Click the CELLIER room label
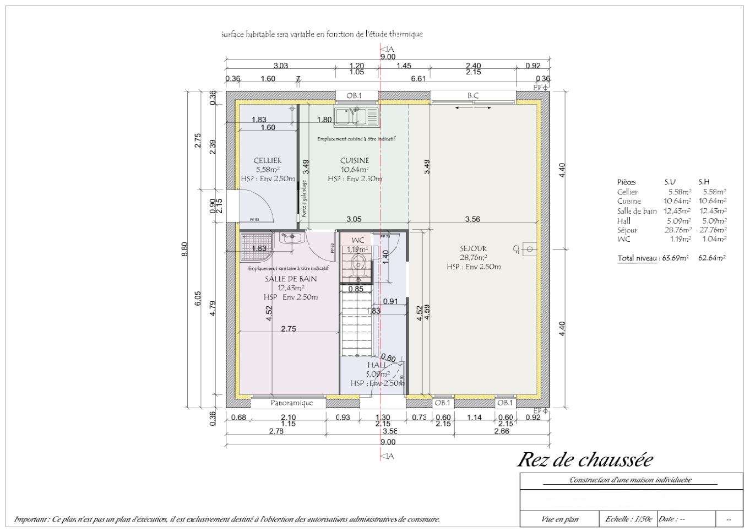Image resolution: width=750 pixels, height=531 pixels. pyautogui.click(x=268, y=160)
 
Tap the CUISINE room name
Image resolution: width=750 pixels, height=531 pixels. pyautogui.click(x=355, y=160)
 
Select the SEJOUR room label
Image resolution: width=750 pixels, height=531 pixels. pyautogui.click(x=473, y=248)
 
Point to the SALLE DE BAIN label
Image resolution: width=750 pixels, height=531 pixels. pyautogui.click(x=291, y=279)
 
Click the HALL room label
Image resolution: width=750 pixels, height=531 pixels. pyautogui.click(x=377, y=365)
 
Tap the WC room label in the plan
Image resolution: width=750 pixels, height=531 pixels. pyautogui.click(x=358, y=240)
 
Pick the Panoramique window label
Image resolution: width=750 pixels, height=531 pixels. pyautogui.click(x=291, y=403)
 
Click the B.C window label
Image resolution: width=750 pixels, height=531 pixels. pyautogui.click(x=473, y=95)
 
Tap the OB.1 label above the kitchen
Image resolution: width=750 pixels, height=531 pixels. pyautogui.click(x=354, y=95)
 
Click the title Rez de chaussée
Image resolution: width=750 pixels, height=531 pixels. pyautogui.click(x=585, y=459)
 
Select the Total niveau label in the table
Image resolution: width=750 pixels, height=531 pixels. pyautogui.click(x=637, y=258)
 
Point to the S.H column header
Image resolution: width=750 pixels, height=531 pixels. pyautogui.click(x=704, y=182)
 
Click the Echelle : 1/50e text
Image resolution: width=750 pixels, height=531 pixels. pyautogui.click(x=628, y=519)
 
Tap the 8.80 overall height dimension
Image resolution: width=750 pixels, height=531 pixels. pyautogui.click(x=185, y=249)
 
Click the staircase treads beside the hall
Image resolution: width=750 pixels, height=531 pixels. pyautogui.click(x=356, y=325)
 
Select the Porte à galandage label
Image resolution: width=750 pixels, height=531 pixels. pyautogui.click(x=304, y=196)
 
